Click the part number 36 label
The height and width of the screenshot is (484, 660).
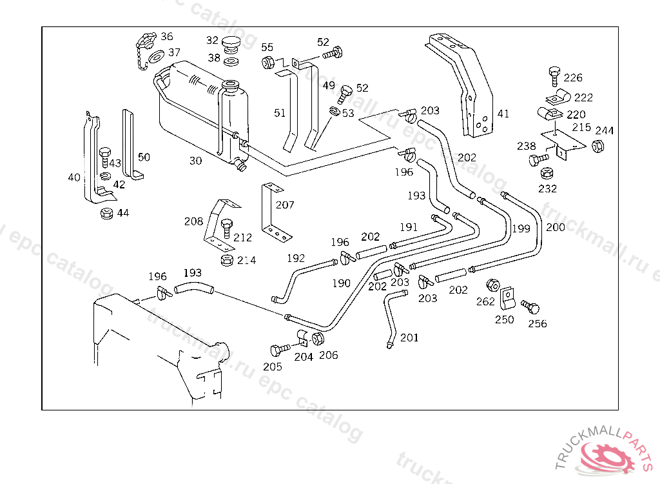167,37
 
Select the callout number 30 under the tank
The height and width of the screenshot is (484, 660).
196,161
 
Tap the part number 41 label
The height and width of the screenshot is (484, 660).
503,114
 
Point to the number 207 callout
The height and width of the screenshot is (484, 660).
285,205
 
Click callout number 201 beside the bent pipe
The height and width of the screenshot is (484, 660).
409,338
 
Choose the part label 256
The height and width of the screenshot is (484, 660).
537,324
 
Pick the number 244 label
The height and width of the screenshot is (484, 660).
605,131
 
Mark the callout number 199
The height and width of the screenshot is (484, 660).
521,228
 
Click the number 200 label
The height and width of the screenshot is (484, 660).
555,227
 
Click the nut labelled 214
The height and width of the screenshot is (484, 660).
227,260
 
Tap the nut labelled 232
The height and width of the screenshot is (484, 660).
547,173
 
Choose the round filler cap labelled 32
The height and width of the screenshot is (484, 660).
231,44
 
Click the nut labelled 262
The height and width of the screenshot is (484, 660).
492,285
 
